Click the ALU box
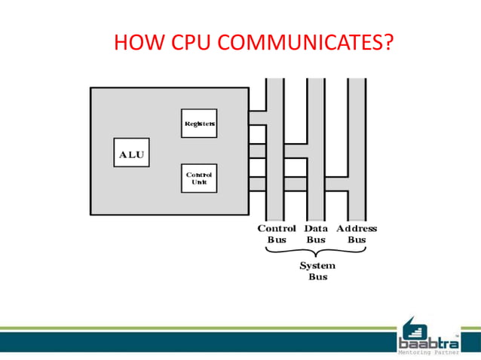point(131,154)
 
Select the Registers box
point(199,123)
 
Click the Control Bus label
point(277,233)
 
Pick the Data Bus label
point(316,233)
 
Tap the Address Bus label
point(357,233)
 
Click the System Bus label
point(317,271)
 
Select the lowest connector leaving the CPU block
point(257,184)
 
